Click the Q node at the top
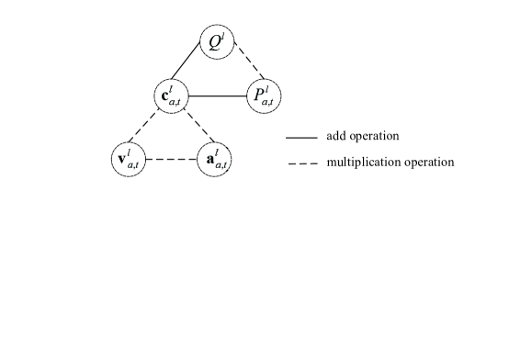(219, 43)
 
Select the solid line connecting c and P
(219, 95)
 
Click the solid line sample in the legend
(301, 138)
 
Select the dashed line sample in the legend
(301, 163)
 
